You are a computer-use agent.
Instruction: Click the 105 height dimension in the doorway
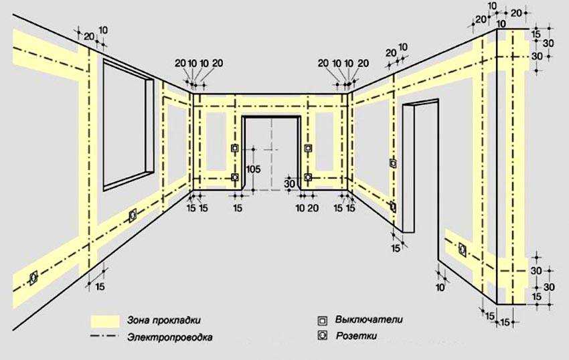coord(253,169)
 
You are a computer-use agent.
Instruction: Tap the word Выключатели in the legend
coord(369,320)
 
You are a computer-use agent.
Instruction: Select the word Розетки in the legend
coord(356,336)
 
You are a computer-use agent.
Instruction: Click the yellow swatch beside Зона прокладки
coord(105,321)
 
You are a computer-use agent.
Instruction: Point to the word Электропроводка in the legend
coord(170,337)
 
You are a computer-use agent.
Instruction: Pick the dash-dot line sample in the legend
coord(104,337)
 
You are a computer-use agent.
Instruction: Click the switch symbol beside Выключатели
coord(322,321)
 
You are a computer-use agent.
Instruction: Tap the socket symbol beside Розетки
coord(322,335)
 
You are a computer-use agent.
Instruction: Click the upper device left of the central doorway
coord(235,148)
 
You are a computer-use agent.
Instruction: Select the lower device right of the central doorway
coord(308,177)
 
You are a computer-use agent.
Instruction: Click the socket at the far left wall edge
coord(33,278)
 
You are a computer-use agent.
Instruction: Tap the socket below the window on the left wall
coord(133,215)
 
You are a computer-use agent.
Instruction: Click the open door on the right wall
coord(420,165)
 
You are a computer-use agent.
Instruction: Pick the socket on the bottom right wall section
coord(463,250)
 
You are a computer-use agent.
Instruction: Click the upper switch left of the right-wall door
coord(393,163)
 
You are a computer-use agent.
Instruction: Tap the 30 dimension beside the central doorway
coord(289,183)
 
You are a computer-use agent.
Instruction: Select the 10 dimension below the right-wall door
coord(440,288)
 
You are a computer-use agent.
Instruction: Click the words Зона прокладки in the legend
coord(163,321)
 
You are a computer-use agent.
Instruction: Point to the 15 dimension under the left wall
coord(100,286)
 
